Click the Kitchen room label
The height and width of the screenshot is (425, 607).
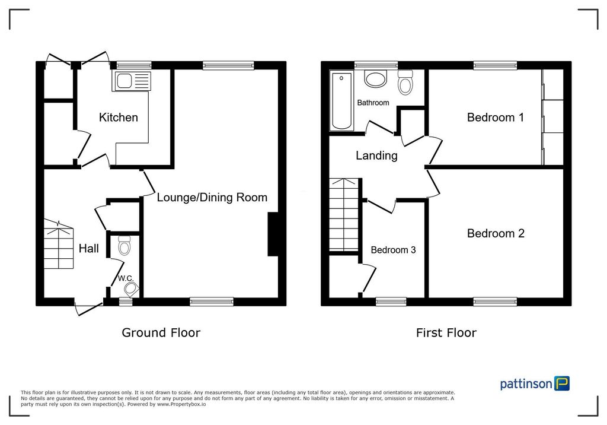pyautogui.click(x=119, y=117)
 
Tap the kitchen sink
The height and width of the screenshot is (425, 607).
pyautogui.click(x=131, y=81)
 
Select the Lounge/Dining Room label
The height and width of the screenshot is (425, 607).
pyautogui.click(x=212, y=198)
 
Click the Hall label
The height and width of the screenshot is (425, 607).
pyautogui.click(x=89, y=248)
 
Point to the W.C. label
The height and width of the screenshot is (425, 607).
pyautogui.click(x=126, y=278)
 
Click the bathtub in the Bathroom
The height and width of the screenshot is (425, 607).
pyautogui.click(x=341, y=101)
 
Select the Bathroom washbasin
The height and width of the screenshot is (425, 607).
pyautogui.click(x=375, y=79)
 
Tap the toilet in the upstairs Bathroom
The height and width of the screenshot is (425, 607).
pyautogui.click(x=405, y=83)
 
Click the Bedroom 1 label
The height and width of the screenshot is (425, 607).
pyautogui.click(x=496, y=117)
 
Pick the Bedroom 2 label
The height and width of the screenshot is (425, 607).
pyautogui.click(x=496, y=233)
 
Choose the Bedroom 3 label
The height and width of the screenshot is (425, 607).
pyautogui.click(x=394, y=250)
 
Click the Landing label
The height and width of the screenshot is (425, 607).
pyautogui.click(x=376, y=156)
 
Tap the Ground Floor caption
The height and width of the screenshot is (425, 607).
pyautogui.click(x=161, y=332)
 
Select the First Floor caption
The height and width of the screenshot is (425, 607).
pyautogui.click(x=446, y=332)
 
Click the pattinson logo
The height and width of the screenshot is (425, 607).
pyautogui.click(x=535, y=383)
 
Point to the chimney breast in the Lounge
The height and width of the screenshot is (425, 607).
pyautogui.click(x=273, y=234)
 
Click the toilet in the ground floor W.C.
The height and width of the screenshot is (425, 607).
pyautogui.click(x=124, y=245)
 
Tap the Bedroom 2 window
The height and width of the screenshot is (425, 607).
pyautogui.click(x=495, y=302)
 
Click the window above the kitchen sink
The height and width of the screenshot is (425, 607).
pyautogui.click(x=134, y=65)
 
